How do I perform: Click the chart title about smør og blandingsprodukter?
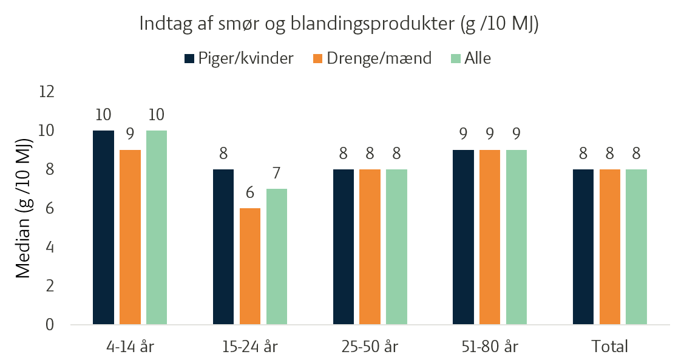pos(339,24)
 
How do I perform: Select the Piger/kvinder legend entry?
pos(239,58)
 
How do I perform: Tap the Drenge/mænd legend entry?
pos(372,58)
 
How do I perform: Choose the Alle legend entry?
pos(471,58)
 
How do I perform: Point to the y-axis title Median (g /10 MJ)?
pos(24,208)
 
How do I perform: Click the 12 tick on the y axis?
pos(47,92)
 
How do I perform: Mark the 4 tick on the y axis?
pos(50,247)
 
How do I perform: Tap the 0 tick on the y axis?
pos(50,324)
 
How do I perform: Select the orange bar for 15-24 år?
pos(250,266)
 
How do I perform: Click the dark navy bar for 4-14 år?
pos(103,228)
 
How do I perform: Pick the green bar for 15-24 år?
pos(277,257)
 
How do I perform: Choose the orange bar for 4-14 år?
pos(130,237)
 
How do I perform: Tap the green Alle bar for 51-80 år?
pos(517,237)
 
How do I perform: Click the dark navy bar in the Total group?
pos(583,246)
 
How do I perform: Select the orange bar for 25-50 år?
pos(370,246)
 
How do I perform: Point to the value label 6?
pos(249,192)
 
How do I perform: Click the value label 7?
pos(277,173)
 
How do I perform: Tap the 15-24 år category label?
pos(249,347)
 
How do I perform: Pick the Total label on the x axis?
pos(610,347)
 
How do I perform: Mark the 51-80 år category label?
pos(490,347)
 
